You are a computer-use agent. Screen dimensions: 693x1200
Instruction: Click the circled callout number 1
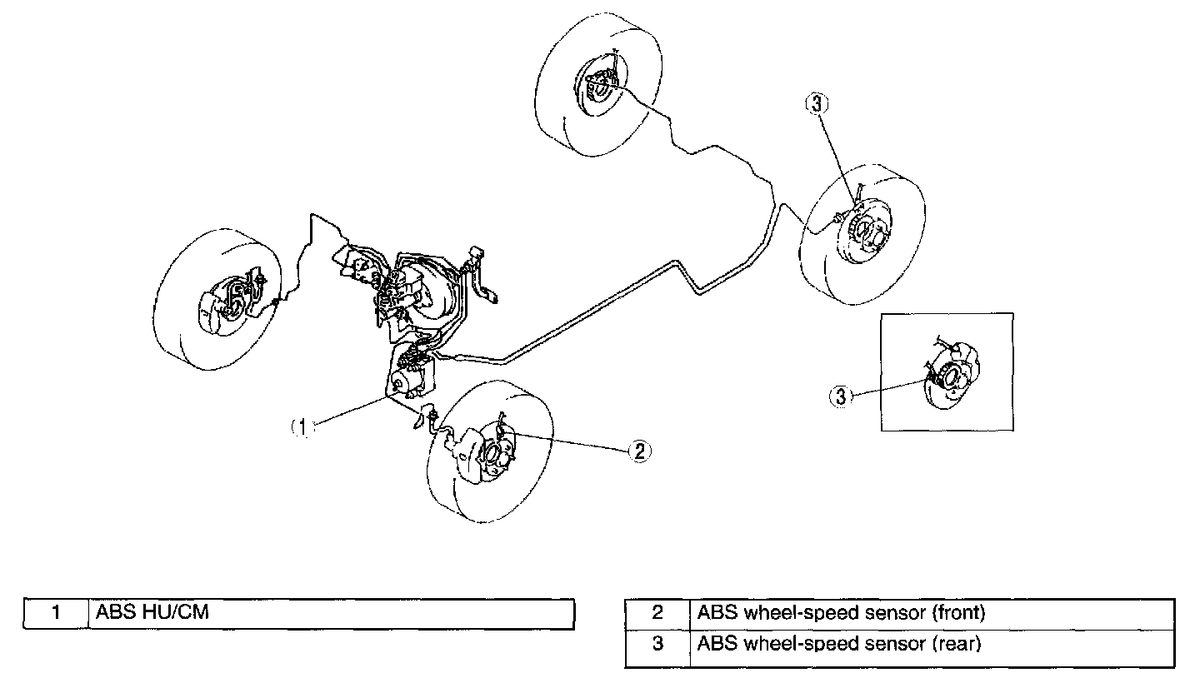[304, 426]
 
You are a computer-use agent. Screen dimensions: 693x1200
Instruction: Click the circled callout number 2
[638, 451]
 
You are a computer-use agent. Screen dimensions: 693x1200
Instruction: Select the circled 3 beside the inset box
[841, 396]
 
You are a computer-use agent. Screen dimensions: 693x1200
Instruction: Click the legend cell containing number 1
[55, 614]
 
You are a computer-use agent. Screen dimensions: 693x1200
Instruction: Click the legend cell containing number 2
[657, 614]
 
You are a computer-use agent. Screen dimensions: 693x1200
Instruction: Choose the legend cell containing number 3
[657, 644]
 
